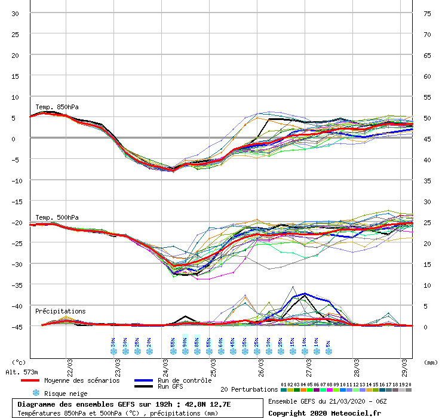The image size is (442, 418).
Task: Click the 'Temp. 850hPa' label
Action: click(x=57, y=107)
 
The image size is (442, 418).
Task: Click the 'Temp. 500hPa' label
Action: click(x=57, y=217)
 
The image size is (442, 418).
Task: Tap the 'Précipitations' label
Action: click(x=60, y=311)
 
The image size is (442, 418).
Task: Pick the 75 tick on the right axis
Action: click(x=427, y=13)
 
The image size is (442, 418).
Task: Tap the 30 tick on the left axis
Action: click(x=16, y=13)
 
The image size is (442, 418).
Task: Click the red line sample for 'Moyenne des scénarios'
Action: click(x=38, y=380)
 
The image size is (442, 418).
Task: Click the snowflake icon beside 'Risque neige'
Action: click(x=36, y=393)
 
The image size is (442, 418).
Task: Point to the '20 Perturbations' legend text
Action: click(x=249, y=389)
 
